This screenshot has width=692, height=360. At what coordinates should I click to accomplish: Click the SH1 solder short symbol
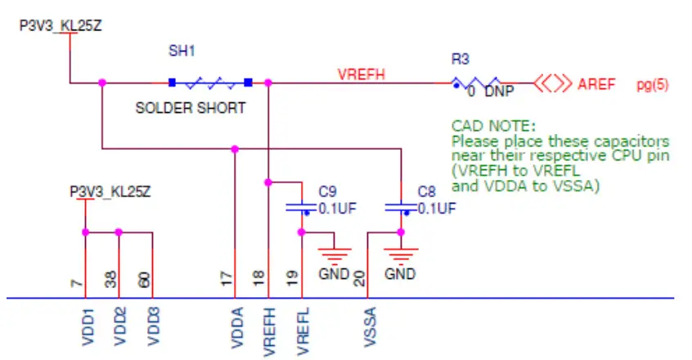pos(210,83)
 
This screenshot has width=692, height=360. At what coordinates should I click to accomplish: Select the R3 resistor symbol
pos(476,83)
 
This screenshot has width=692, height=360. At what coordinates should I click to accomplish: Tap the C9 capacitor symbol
pos(302,208)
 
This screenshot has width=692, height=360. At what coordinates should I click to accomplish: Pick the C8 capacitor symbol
pos(401,208)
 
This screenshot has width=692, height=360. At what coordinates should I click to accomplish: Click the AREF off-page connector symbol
pos(552,83)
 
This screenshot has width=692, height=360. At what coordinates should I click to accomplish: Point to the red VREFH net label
pos(362,74)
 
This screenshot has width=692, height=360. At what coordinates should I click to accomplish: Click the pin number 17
pos(226,279)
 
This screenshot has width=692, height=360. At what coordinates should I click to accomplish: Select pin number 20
pos(359,279)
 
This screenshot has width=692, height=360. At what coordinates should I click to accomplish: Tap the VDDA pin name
pos(237,328)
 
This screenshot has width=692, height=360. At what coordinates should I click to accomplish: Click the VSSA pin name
pos(371,327)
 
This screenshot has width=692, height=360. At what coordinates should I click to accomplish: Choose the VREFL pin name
pos(303,331)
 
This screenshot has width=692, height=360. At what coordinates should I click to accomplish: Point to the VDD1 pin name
pos(88,327)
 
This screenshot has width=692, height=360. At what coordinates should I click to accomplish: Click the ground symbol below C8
pos(401,254)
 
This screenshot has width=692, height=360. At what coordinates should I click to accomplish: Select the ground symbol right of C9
pos(335,254)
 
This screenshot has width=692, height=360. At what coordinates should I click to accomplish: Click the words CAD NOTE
pos(493,126)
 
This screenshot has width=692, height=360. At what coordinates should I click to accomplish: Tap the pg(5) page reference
pos(652,84)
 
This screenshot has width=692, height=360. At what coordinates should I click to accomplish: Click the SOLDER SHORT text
pos(191,108)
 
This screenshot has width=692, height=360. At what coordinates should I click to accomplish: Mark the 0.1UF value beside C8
pos(437,208)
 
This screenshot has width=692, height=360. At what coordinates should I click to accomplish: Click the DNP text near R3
pos(499,92)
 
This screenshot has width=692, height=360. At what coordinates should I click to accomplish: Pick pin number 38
pos(110,279)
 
